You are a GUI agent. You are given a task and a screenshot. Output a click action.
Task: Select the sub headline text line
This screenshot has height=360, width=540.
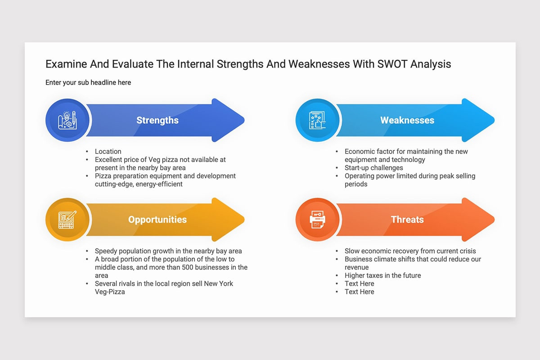point(88,82)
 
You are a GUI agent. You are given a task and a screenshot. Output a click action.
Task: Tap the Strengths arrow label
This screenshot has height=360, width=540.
point(157,120)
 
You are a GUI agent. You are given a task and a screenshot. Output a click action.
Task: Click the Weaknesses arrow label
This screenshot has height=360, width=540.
point(407,120)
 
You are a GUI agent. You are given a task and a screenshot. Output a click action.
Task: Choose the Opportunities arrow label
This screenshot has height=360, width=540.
point(157,220)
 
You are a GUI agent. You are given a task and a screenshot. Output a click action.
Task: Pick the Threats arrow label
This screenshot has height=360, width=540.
point(407,220)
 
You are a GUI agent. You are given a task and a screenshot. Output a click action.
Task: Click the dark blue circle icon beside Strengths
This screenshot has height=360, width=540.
point(67,120)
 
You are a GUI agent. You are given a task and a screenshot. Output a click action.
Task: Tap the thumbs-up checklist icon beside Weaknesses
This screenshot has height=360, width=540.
point(317,120)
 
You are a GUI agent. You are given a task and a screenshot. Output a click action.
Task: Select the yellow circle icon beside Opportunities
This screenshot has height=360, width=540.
point(67,220)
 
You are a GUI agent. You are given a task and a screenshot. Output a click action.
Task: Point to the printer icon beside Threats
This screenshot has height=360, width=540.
point(317,220)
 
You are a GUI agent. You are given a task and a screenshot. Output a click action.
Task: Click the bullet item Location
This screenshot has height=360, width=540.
point(108,152)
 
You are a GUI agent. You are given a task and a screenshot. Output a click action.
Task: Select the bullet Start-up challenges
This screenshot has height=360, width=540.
point(373,168)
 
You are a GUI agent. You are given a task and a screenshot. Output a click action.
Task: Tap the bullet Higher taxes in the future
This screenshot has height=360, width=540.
point(382,275)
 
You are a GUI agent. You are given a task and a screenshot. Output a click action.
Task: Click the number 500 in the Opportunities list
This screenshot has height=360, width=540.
point(187,267)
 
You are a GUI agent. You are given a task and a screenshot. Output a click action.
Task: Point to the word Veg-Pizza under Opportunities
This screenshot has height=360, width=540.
point(110,292)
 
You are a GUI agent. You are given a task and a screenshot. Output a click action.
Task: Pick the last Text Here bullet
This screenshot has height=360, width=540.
point(359,292)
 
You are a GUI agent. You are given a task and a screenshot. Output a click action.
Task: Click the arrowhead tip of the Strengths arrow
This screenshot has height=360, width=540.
point(244,120)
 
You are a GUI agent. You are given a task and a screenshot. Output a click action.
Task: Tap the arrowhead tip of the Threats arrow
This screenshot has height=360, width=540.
point(494,220)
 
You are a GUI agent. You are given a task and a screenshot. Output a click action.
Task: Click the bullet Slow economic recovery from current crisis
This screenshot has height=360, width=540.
point(410,251)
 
